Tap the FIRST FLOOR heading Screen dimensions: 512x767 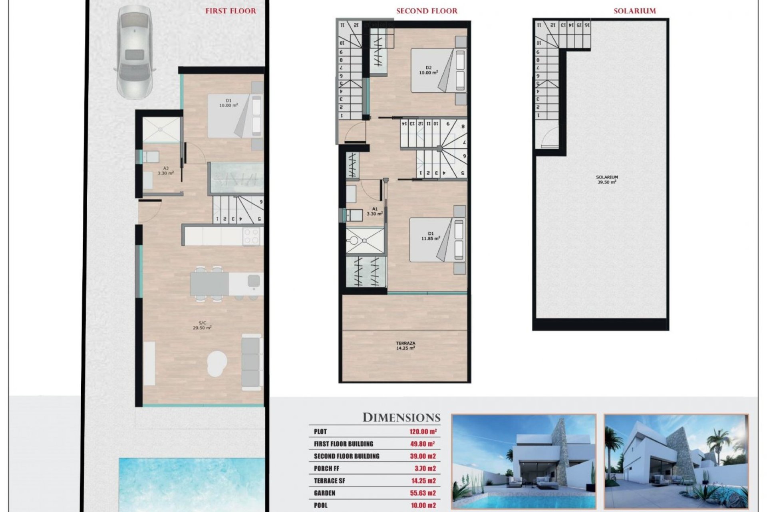click(x=230, y=11)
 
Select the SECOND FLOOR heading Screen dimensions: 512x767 click(x=427, y=11)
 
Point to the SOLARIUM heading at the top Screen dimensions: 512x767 click(x=634, y=11)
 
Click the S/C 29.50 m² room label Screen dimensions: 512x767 click(x=202, y=325)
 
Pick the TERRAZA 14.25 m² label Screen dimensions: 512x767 click(x=405, y=346)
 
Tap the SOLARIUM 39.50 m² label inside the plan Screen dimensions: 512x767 click(x=606, y=180)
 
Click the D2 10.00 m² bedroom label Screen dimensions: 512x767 click(x=428, y=70)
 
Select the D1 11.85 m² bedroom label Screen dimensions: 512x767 click(x=430, y=236)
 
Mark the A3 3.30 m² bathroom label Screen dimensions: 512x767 click(x=165, y=171)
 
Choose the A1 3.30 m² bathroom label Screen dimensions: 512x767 click(x=375, y=211)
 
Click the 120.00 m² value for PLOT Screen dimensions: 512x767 click(x=423, y=432)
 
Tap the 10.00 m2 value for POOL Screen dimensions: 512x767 click(x=423, y=506)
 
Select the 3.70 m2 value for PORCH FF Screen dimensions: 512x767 click(x=425, y=468)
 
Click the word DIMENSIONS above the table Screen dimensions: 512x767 click(x=401, y=418)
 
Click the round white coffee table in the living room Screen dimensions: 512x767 click(x=217, y=363)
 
